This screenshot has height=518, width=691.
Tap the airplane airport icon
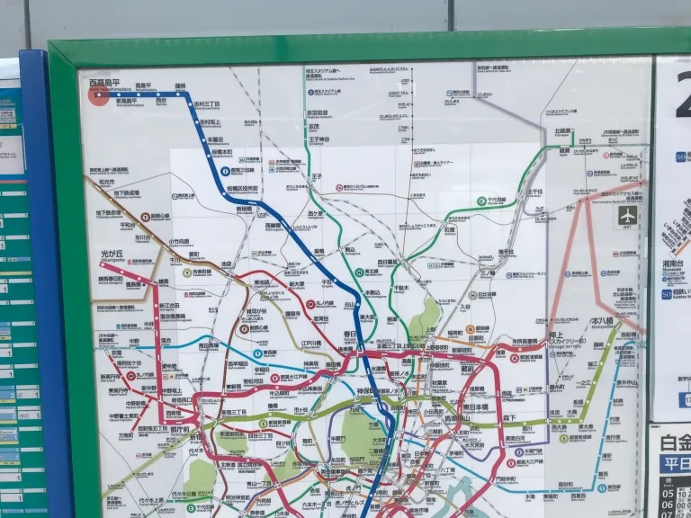(627, 217)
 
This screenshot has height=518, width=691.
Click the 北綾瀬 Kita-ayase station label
(563, 131)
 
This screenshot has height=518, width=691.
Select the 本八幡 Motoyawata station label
(602, 321)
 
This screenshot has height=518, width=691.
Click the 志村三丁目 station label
(206, 104)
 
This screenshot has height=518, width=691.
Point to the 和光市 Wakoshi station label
(106, 181)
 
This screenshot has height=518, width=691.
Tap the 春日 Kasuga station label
(349, 335)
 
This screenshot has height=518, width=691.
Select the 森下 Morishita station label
(509, 418)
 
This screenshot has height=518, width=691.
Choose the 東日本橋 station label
(476, 407)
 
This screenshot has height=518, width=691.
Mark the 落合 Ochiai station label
(167, 342)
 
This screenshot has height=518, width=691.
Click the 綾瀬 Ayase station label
(565, 151)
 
